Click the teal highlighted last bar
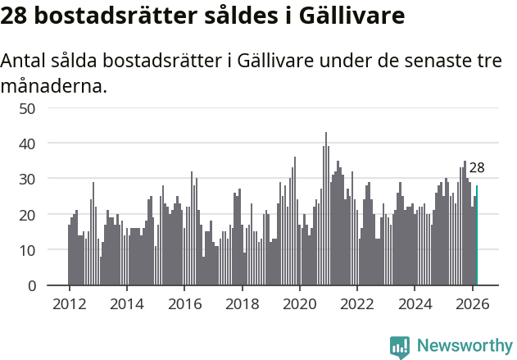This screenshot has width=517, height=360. (477, 236)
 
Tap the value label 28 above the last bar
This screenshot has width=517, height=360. (477, 168)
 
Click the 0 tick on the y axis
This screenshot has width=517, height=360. (31, 285)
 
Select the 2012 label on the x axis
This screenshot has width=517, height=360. (69, 303)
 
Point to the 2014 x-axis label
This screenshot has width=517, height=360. (126, 303)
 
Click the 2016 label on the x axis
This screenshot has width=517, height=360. (184, 303)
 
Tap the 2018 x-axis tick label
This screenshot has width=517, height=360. (242, 303)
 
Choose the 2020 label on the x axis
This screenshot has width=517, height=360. (300, 303)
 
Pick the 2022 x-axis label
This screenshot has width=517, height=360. (357, 303)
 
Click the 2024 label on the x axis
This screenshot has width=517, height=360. (415, 303)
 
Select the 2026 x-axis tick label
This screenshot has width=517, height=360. (473, 303)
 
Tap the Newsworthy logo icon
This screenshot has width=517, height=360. (400, 346)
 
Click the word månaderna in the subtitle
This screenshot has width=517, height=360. (54, 85)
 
